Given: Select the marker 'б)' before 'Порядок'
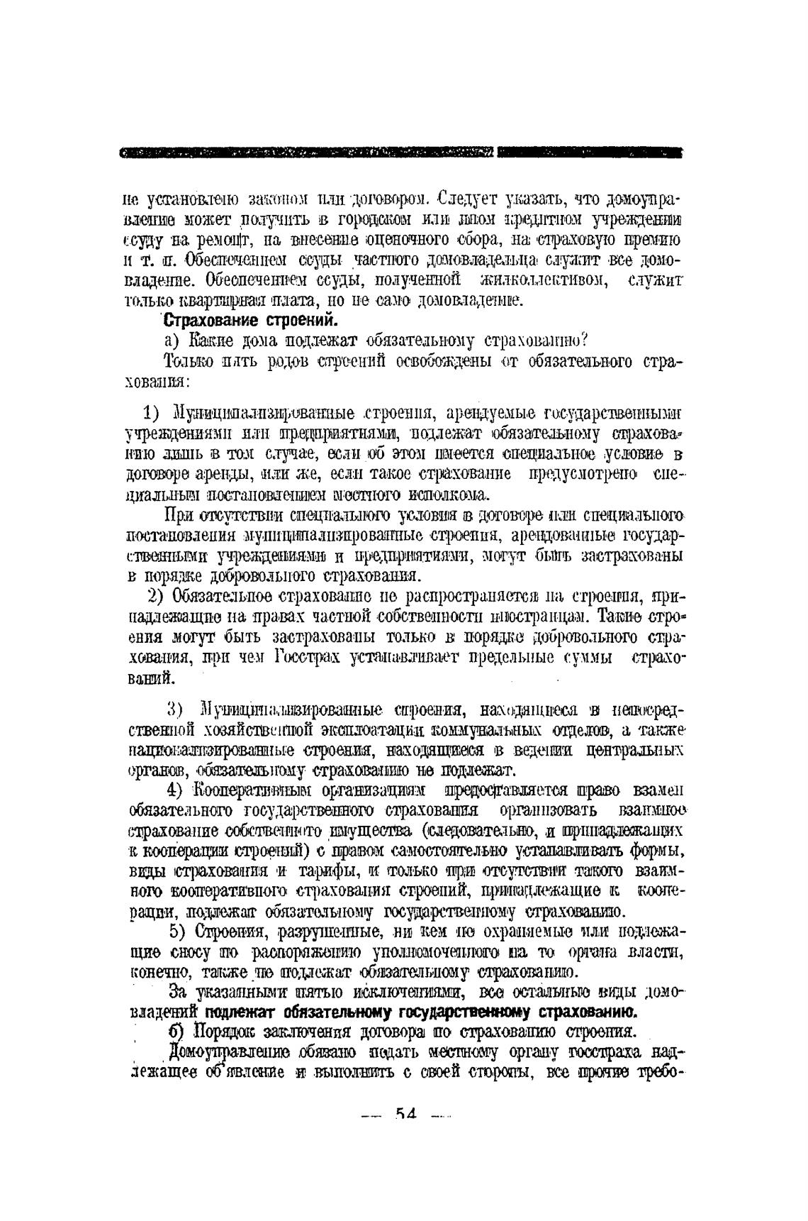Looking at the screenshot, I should tap(176, 1030).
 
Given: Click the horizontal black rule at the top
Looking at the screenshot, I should tap(401, 152).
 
